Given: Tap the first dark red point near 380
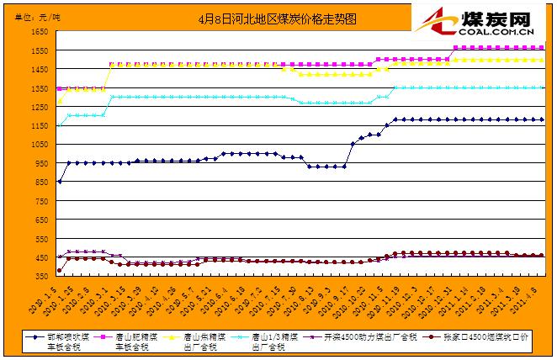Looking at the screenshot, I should tap(59, 271).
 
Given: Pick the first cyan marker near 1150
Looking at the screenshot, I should tap(59, 125).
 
